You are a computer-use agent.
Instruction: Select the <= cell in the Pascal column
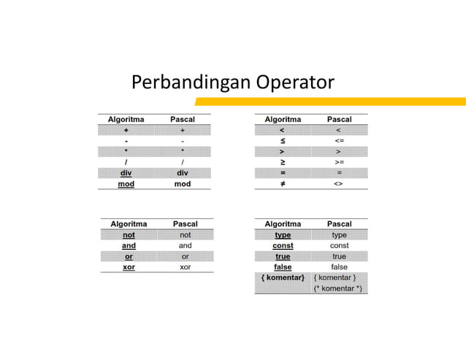[339, 141]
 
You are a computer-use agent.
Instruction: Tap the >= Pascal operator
[339, 162]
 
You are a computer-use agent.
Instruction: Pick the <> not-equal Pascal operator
[338, 184]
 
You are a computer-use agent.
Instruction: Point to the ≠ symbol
[283, 184]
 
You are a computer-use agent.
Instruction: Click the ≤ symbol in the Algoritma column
[283, 141]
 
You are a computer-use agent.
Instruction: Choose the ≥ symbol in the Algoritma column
[283, 162]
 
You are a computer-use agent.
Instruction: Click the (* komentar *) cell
[337, 288]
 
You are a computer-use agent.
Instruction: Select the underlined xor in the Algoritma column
[129, 267]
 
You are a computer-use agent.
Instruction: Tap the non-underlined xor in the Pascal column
[186, 267]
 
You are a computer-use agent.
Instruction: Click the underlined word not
[129, 235]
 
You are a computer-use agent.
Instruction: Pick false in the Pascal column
[339, 267]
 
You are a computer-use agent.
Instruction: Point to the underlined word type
[283, 235]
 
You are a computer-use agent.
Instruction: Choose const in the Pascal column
[339, 246]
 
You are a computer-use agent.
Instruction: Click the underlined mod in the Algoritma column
[126, 184]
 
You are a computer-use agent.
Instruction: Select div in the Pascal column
[183, 173]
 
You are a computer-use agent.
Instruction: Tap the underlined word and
[129, 246]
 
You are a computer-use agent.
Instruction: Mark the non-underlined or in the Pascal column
[186, 256]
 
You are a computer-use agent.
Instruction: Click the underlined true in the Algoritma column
[283, 256]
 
